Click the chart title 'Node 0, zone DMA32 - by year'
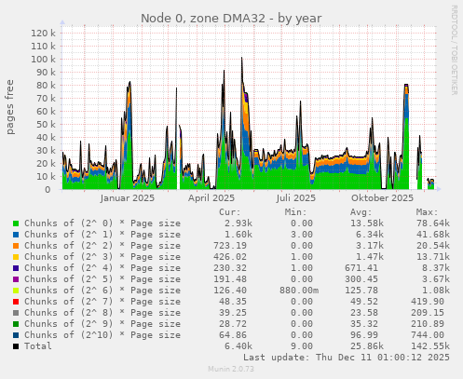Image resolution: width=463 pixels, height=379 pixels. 231,19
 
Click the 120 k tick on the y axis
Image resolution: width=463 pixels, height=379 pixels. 43,33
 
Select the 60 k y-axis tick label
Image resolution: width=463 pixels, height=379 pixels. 46,111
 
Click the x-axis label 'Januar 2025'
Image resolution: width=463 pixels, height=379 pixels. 127,198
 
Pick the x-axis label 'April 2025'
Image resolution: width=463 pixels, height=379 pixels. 211,198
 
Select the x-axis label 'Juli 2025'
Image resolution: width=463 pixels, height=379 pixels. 296,198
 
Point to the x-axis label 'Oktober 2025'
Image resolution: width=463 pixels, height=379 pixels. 382,198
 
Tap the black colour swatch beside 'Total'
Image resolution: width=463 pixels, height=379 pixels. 16,345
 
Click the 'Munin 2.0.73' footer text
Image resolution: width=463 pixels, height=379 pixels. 231,370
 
